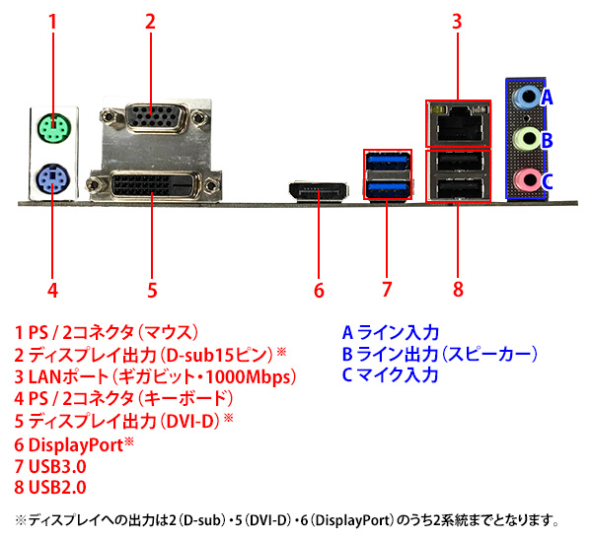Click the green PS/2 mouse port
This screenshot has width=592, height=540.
54,129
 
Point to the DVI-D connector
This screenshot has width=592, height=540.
154,185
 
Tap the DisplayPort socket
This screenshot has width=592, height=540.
318,192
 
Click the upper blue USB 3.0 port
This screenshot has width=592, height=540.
388,162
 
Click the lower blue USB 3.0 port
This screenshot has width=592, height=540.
388,188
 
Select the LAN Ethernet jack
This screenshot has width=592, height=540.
459,124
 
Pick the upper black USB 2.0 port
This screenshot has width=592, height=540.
458,163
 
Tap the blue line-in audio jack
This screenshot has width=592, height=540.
526,98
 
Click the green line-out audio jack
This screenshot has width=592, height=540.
526,139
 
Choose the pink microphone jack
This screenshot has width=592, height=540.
526,180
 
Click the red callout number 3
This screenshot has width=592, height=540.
457,22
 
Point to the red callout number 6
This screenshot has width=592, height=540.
319,291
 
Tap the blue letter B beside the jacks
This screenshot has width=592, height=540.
547,140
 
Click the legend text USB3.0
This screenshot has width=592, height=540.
57,466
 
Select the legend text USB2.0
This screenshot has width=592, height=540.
57,487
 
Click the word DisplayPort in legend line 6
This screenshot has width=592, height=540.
76,445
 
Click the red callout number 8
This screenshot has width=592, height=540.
458,290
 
